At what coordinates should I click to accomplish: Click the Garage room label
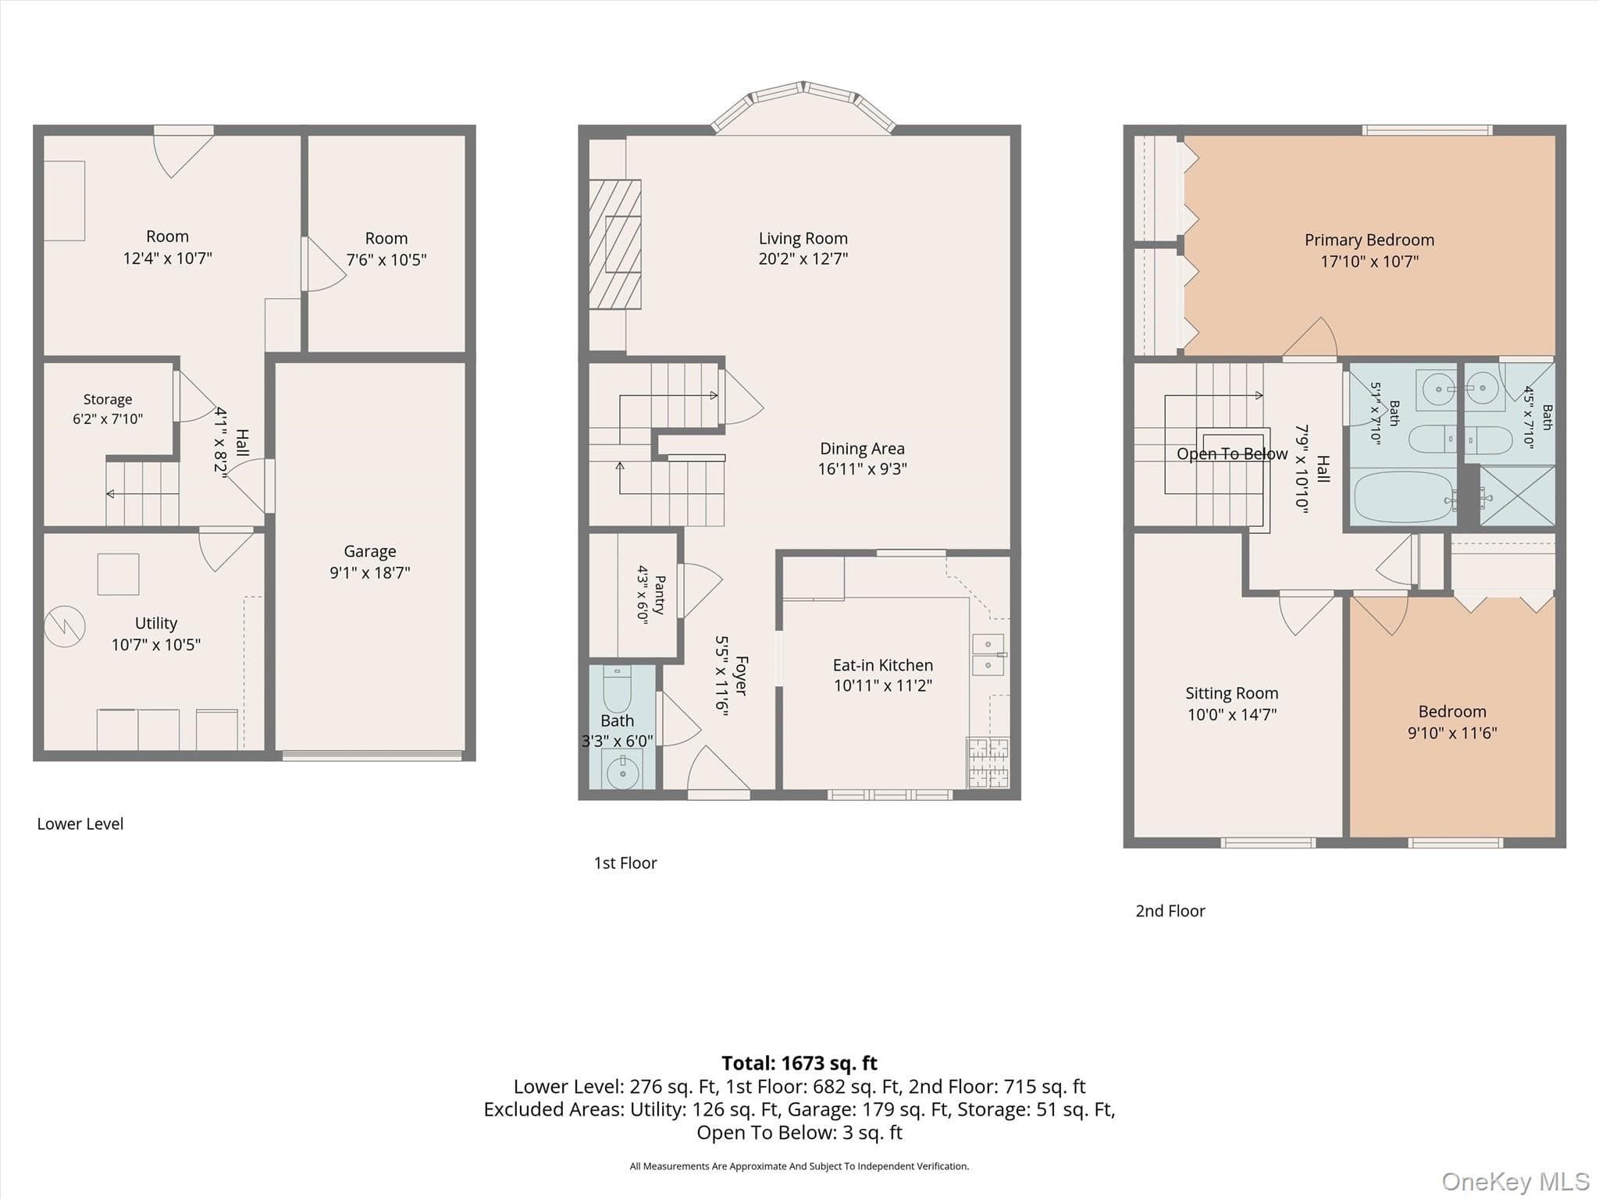point(370,551)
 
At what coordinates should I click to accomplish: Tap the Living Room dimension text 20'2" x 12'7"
point(803,258)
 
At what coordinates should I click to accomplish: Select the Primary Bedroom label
point(1369,240)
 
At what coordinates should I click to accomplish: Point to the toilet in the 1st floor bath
point(617,685)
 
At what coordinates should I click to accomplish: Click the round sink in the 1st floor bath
point(622,773)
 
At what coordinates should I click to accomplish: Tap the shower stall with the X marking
point(1517,496)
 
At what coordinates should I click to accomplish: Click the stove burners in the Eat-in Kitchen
point(988,761)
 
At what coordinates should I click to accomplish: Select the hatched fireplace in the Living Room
point(614,244)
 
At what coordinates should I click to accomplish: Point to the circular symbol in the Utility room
point(64,626)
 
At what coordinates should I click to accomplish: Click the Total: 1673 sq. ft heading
point(799,1063)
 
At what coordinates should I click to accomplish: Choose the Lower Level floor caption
point(80,824)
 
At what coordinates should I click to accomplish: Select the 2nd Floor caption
point(1170,911)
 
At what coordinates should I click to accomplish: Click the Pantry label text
point(660,595)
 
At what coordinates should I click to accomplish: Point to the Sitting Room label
point(1231,693)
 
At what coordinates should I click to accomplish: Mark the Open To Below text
point(1232,454)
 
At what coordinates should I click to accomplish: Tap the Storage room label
point(108,399)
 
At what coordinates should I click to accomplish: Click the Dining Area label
point(862,449)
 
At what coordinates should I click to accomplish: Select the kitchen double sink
point(988,654)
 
